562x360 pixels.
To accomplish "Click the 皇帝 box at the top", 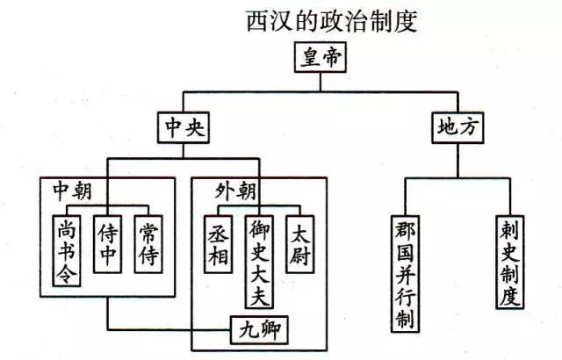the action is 321,57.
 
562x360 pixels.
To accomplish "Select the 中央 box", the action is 184,128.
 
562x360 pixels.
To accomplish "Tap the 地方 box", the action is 458,128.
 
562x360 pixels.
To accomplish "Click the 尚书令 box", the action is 67,251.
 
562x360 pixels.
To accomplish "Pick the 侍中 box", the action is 107,244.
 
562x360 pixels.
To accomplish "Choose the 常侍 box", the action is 148,244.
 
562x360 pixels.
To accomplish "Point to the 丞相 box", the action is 219,244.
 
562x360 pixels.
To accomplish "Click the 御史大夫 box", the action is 260,262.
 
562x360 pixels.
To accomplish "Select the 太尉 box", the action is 300,244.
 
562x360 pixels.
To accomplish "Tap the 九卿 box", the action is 259,330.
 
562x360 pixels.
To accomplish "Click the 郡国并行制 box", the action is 406,274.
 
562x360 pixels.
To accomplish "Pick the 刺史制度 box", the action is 510,262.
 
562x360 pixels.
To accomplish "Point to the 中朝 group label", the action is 72,191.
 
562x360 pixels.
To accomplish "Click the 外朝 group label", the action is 235,191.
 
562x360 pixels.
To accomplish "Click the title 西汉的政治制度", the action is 332,21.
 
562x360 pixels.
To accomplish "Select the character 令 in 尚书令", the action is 67,274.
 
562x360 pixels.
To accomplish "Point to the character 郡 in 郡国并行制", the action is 406,229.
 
